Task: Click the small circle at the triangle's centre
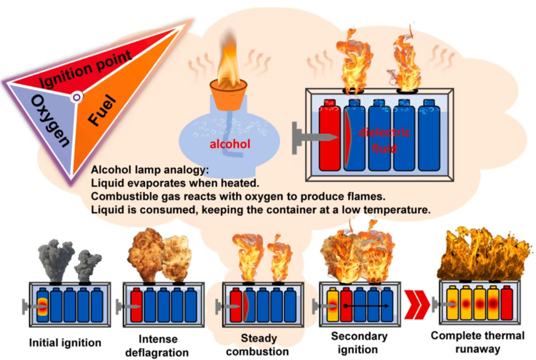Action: [x=77, y=97]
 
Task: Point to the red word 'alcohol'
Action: [x=230, y=143]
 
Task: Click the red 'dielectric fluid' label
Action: [x=384, y=140]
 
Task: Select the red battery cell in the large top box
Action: [x=330, y=135]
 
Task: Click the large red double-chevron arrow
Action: [x=417, y=304]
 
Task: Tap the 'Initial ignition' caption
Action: [x=65, y=343]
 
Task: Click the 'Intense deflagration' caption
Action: [x=157, y=346]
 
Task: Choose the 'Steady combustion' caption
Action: [x=258, y=345]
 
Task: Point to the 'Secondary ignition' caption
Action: [x=359, y=343]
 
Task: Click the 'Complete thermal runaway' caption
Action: [x=478, y=342]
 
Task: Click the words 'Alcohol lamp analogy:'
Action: [x=150, y=170]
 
